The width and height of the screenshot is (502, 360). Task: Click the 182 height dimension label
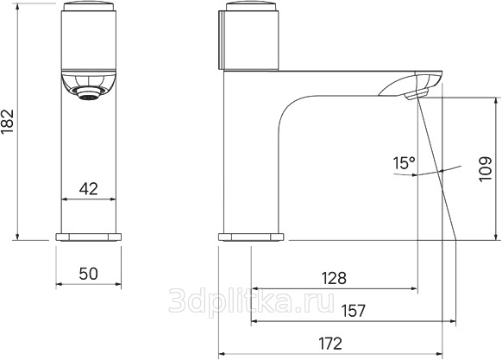[8, 122]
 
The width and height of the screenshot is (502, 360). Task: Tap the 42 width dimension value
[88, 189]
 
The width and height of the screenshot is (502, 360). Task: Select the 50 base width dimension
[88, 274]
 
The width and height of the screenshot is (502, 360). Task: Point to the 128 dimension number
[334, 278]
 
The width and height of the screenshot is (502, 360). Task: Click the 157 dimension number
[353, 311]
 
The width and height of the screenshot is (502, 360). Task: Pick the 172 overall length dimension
[330, 344]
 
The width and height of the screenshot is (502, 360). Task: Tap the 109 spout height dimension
[486, 169]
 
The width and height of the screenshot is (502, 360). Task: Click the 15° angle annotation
[404, 163]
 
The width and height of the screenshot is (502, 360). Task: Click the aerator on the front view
[89, 93]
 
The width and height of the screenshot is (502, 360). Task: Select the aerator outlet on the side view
[416, 95]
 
